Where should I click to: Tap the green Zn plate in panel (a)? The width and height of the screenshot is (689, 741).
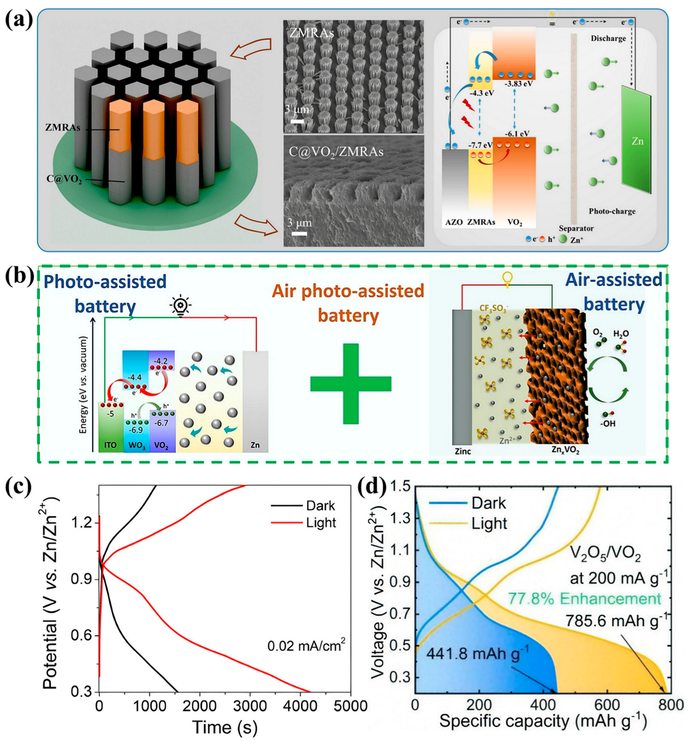pyautogui.click(x=636, y=141)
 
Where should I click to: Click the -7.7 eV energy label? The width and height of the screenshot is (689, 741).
pyautogui.click(x=480, y=145)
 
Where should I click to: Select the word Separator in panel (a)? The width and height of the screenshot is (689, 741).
pyautogui.click(x=576, y=228)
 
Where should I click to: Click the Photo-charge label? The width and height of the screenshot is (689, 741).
pyautogui.click(x=612, y=211)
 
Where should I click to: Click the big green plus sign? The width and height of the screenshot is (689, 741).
pyautogui.click(x=351, y=383)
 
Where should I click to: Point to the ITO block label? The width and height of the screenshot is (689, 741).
pyautogui.click(x=110, y=445)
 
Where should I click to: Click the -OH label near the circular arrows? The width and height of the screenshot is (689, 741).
pyautogui.click(x=608, y=423)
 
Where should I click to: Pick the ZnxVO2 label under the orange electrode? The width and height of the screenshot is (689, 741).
pyautogui.click(x=565, y=451)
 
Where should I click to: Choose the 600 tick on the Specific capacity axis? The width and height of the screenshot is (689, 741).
pyautogui.click(x=607, y=705)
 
